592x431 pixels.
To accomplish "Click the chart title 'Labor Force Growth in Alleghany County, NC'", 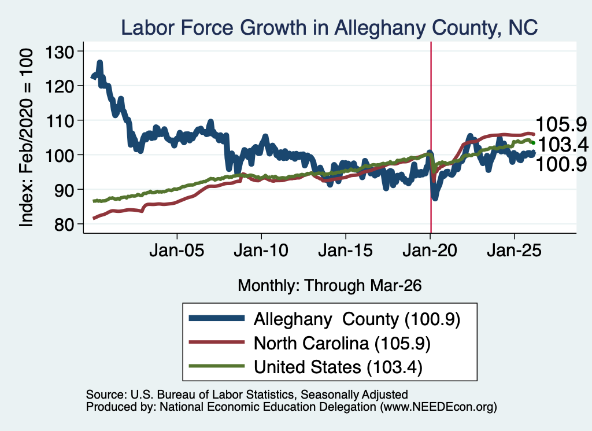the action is tap(329, 28).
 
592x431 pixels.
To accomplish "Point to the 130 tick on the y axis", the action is tap(60, 51).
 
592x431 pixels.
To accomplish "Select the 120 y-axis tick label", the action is tap(60, 87).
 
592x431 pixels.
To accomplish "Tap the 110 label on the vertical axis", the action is tap(60, 121).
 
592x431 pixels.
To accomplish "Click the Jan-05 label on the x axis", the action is tap(177, 251).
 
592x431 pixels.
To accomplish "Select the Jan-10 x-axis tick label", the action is tap(261, 251).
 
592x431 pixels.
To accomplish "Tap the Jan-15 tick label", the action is tap(346, 251).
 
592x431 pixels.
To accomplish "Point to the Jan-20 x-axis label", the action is tap(430, 251).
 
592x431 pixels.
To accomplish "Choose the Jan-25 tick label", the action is tap(514, 251).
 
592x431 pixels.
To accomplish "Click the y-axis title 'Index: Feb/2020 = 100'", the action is tap(26, 138).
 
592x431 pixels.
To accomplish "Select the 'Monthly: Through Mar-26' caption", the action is tap(330, 286).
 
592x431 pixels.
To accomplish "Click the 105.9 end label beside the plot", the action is tap(561, 124).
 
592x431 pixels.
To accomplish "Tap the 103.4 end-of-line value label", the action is tap(563, 144).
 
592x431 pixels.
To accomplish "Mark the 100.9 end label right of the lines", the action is tap(561, 164).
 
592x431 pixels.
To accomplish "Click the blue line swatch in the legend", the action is tap(217, 318).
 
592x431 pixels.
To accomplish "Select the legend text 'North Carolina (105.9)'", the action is tap(342, 344).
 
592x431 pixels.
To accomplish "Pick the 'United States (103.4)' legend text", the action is tap(338, 367).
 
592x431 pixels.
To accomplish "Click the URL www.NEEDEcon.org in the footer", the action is tap(438, 407).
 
